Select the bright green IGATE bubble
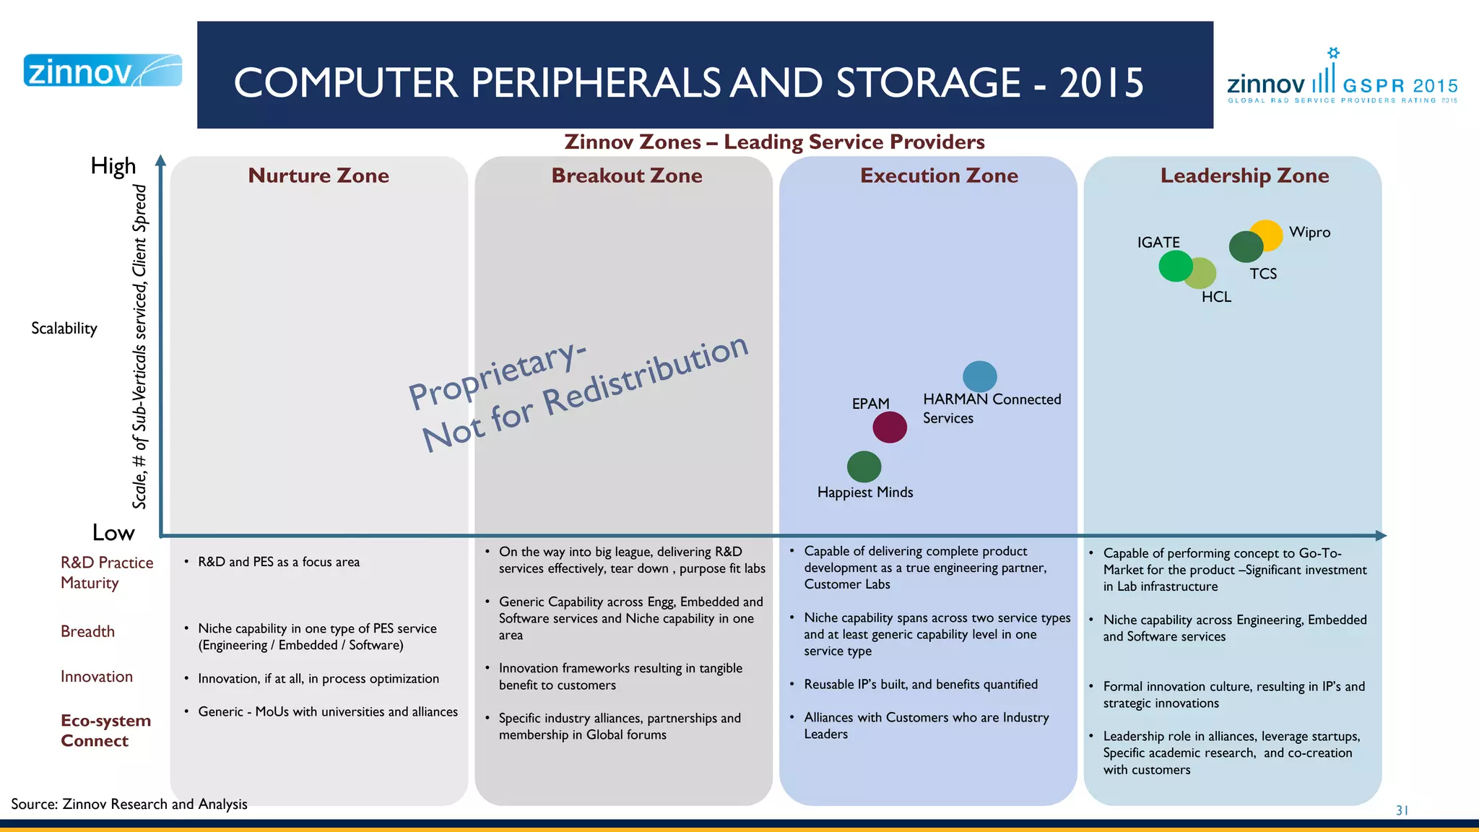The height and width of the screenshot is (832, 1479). coord(1174,266)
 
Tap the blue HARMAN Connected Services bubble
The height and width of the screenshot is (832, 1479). coord(980,376)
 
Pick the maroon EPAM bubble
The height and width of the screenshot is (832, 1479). coord(890,428)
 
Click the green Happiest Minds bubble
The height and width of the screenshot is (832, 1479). coord(864,467)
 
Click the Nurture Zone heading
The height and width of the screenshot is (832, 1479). coord(318,175)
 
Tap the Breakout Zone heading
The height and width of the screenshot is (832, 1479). coord(627,175)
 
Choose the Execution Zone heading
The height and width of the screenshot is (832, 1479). coord(939,175)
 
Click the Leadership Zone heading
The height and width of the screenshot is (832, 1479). coord(1244,175)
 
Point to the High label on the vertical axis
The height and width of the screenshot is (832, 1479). coord(113,166)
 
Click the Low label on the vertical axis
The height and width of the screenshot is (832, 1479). coord(113,533)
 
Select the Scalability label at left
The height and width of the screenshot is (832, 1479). coord(64,329)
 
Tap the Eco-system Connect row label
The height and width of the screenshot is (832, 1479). coord(105,730)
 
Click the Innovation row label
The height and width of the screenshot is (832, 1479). coord(97,677)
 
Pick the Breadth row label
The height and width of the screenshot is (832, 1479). coord(87,631)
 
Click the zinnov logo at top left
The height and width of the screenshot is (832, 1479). coord(103,71)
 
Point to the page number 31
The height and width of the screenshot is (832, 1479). coord(1402,810)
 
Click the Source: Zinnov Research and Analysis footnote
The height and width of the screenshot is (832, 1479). coord(129,804)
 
